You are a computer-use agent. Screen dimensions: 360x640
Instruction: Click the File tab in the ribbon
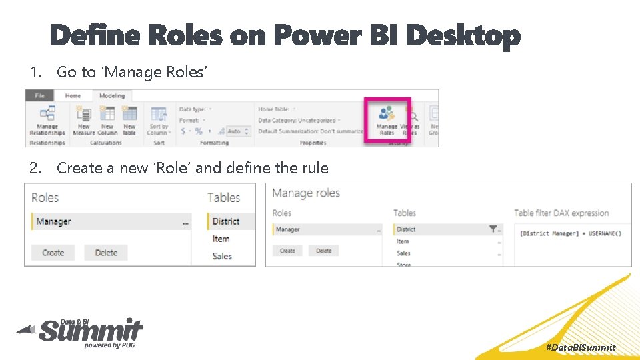[x=40, y=96]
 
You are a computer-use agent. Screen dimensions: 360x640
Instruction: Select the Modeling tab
[x=112, y=96]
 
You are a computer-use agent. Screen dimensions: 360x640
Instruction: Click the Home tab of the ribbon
[x=73, y=96]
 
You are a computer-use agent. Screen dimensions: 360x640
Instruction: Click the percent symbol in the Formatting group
[x=199, y=131]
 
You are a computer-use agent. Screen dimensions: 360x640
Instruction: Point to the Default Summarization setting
[x=311, y=131]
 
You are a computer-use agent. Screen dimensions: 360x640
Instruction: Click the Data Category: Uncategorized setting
[x=297, y=120]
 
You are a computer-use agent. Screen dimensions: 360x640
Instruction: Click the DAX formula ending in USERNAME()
[x=569, y=233]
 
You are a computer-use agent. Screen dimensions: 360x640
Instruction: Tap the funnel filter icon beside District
[x=493, y=229]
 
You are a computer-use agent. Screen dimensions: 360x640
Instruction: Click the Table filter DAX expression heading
[x=561, y=213]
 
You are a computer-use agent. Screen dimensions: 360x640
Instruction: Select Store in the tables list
[x=404, y=264]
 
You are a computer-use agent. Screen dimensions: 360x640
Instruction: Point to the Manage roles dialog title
[x=306, y=193]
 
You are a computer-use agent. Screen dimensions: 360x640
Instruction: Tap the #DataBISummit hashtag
[x=581, y=347]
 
